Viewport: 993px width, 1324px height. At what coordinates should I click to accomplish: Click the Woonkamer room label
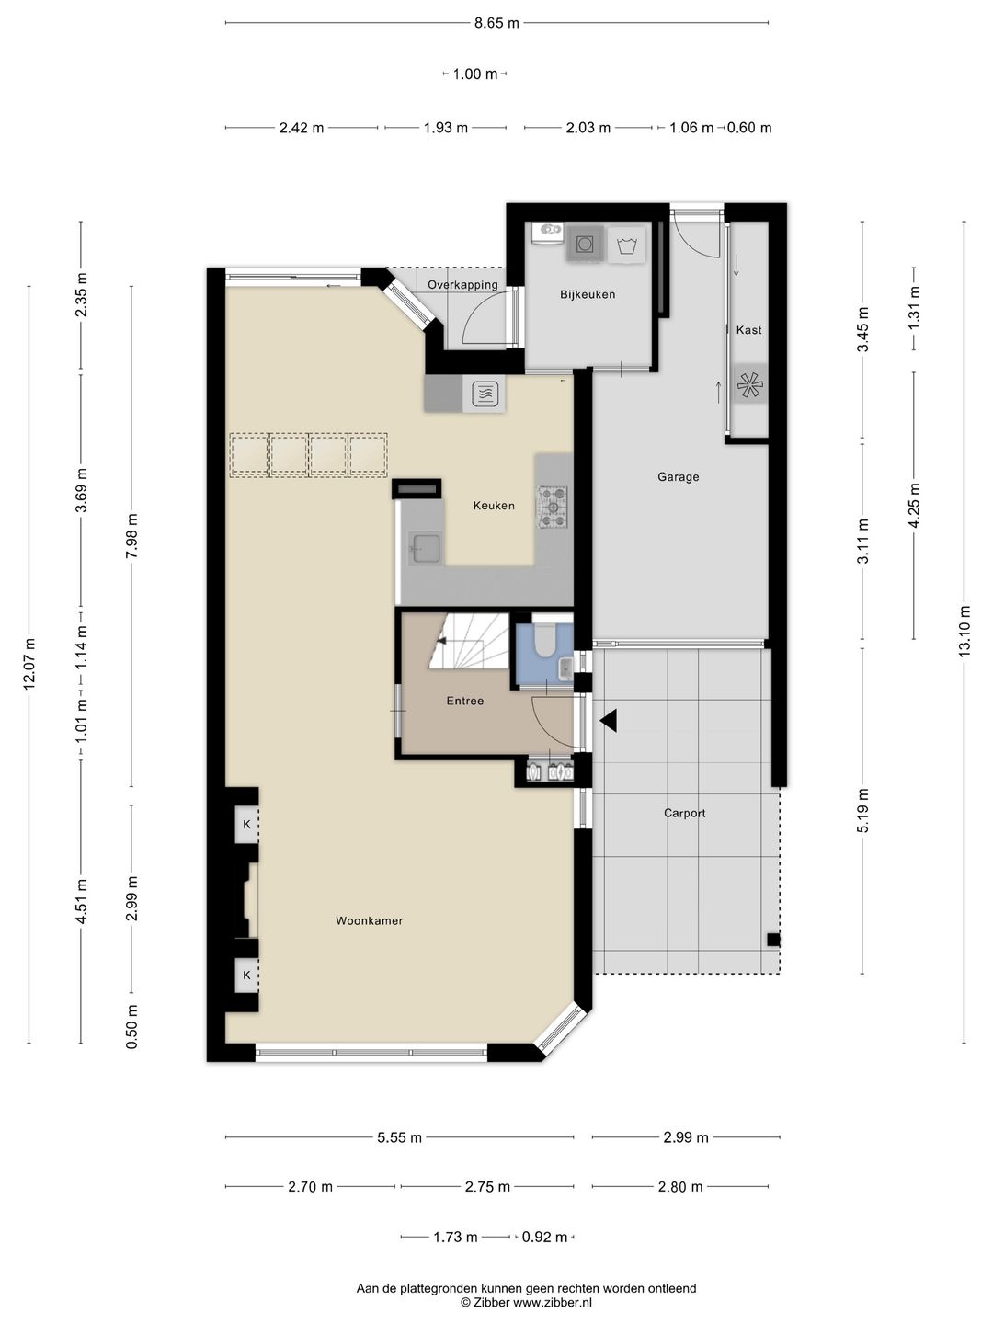(369, 920)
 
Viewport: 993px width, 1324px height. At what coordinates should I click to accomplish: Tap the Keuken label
(494, 506)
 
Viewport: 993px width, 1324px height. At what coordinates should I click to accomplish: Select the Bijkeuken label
(588, 294)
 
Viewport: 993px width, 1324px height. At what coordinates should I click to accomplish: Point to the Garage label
(679, 476)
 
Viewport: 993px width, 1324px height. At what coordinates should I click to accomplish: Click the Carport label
(684, 813)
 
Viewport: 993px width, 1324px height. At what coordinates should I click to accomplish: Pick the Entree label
(465, 701)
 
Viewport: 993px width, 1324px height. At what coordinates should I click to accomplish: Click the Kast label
(748, 330)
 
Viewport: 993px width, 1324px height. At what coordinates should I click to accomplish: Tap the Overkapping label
(463, 285)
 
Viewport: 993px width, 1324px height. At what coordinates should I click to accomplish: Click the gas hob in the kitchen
(553, 508)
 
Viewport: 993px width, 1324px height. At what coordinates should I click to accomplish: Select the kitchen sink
(426, 548)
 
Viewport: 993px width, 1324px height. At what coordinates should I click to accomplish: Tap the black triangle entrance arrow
(609, 721)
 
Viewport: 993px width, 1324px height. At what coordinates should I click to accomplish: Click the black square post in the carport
(773, 940)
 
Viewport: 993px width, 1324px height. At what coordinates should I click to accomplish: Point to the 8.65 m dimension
(496, 24)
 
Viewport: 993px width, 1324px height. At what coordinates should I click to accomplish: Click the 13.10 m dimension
(965, 631)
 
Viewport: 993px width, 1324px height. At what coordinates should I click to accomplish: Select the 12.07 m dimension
(29, 664)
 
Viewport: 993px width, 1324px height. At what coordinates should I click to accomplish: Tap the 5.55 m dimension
(399, 1137)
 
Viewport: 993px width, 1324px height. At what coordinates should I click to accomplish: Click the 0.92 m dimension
(544, 1238)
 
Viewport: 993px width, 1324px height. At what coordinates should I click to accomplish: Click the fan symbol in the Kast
(750, 385)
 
